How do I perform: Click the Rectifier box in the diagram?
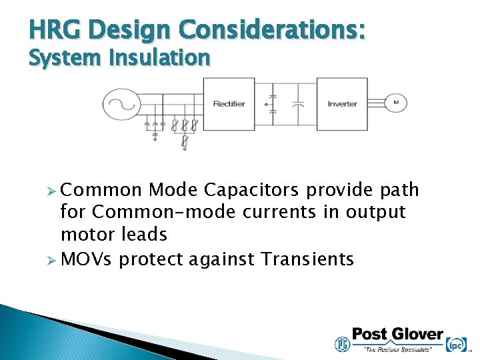229,103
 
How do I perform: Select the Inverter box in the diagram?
341,103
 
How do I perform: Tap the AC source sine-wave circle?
121,104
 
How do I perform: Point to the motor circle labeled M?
396,103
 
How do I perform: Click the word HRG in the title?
55,30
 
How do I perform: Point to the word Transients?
307,259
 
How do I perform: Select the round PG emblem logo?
341,344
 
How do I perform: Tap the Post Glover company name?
397,335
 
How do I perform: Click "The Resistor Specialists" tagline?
397,349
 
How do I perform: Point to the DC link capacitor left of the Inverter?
299,104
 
